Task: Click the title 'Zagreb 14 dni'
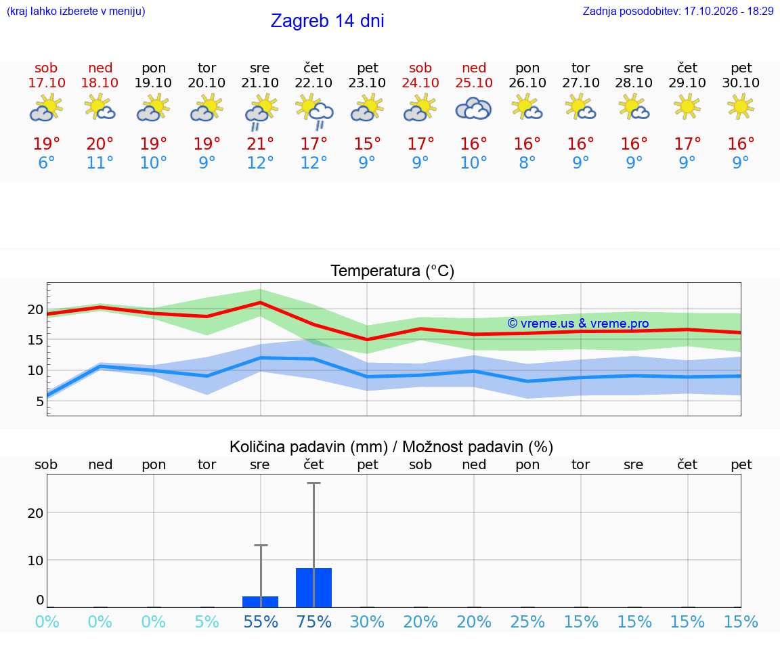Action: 327,21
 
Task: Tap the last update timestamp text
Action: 678,11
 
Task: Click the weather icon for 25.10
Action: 473,108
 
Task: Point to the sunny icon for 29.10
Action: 687,107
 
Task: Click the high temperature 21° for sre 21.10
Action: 260,144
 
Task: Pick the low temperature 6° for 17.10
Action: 46,162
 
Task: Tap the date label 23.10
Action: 366,83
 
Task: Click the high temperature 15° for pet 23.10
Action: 367,144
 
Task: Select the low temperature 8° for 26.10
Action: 527,162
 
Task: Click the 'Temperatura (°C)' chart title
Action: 393,271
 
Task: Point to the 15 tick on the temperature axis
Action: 35,340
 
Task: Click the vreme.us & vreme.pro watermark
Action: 578,324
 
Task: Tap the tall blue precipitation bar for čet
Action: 314,588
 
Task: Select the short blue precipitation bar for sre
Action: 260,602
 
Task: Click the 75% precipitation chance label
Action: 314,621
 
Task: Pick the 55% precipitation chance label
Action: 260,621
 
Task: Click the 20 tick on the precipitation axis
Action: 35,513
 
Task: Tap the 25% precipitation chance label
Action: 527,621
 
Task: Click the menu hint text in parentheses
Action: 76,11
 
